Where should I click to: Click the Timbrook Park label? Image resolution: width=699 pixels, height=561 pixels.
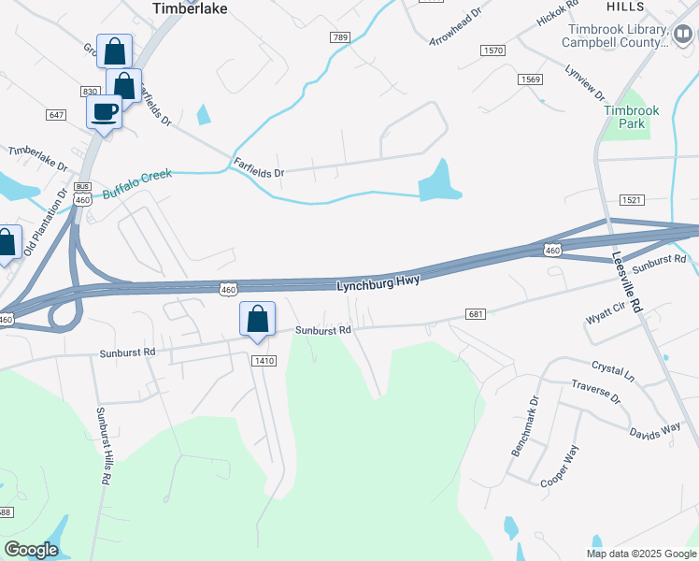click(631, 117)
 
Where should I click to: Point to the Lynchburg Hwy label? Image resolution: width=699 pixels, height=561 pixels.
click(378, 280)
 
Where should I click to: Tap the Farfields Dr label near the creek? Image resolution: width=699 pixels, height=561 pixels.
click(258, 166)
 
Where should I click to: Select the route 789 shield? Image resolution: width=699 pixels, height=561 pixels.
click(339, 36)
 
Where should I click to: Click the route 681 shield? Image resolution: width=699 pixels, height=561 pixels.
click(475, 315)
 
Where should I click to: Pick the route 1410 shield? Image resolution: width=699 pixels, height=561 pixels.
click(264, 361)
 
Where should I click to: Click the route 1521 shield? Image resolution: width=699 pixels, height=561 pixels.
click(632, 201)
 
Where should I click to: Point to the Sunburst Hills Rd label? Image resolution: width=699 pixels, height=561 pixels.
click(102, 445)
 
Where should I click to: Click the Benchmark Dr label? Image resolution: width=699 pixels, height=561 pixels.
click(525, 425)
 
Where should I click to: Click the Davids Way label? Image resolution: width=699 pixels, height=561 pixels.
click(654, 431)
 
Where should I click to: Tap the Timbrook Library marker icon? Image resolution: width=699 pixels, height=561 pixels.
click(682, 35)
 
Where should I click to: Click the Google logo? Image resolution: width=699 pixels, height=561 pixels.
click(31, 550)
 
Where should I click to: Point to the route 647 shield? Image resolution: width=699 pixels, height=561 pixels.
click(55, 115)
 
